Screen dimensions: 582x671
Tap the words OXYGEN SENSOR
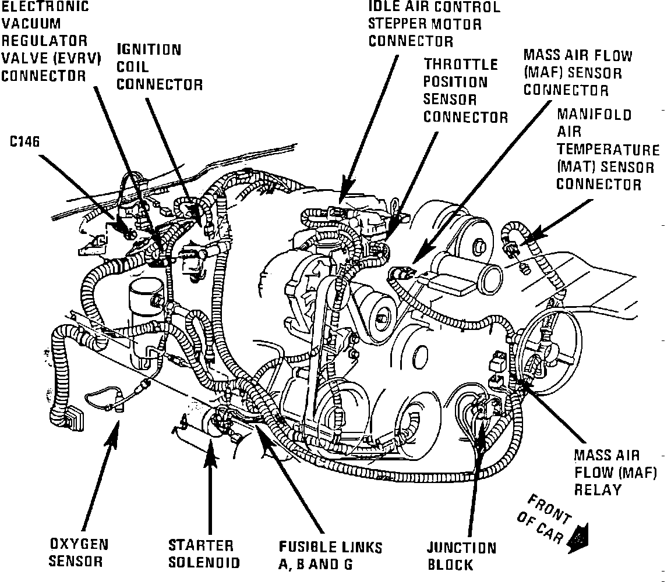point(78,553)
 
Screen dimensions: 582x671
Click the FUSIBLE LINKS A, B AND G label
point(330,555)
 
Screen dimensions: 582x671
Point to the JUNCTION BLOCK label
point(462,556)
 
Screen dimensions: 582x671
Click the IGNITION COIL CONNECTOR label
point(159,67)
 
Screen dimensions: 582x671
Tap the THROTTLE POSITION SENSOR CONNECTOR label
point(465,90)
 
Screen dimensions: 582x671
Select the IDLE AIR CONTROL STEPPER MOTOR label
point(434,24)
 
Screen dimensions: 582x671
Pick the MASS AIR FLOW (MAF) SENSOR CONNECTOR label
point(577,73)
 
